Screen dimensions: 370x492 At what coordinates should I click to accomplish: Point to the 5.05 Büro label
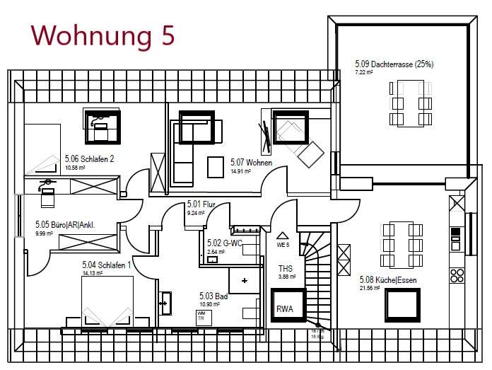65,226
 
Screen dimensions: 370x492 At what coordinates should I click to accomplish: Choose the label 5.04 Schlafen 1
106,265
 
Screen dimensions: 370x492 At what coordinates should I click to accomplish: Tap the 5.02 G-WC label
224,243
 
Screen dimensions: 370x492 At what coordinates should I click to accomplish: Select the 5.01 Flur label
201,204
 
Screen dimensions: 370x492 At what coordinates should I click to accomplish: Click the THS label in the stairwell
286,268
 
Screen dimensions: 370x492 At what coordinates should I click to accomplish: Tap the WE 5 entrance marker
283,244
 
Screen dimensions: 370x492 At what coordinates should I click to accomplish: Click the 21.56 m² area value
370,288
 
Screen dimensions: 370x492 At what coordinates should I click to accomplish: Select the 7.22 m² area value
364,72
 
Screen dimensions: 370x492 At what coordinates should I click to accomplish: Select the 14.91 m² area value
241,170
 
